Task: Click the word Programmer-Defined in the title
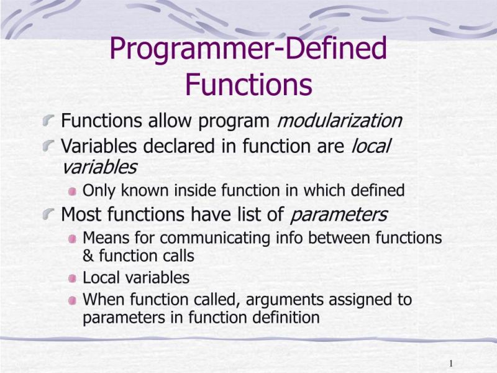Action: [x=248, y=50]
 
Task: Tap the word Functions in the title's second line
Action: [x=248, y=85]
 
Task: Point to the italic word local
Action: [x=371, y=147]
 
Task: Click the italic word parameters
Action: [x=339, y=215]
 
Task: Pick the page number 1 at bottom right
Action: [x=450, y=363]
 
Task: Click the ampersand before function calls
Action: [x=88, y=256]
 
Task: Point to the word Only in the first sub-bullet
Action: [x=97, y=190]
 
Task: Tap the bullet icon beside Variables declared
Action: [x=48, y=147]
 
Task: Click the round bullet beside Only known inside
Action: [x=73, y=191]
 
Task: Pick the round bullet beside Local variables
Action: [x=73, y=278]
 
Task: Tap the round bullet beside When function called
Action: [x=73, y=300]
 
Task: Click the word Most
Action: [x=80, y=215]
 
